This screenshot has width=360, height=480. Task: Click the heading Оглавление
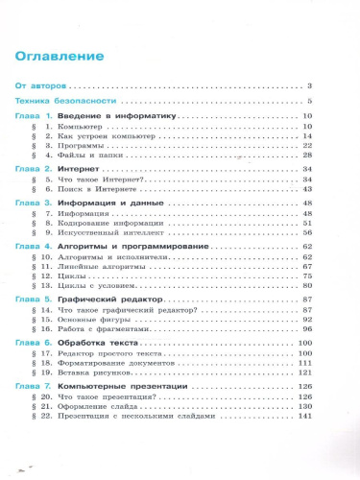(x=60, y=56)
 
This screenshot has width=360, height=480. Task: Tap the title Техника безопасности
(x=65, y=101)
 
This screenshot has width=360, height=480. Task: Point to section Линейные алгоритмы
(x=95, y=268)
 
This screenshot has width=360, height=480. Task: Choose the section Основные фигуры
(x=90, y=321)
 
